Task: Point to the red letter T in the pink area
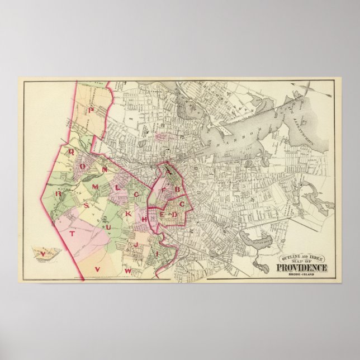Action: click(x=71, y=241)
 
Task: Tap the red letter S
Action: click(x=86, y=205)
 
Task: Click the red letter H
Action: click(x=145, y=220)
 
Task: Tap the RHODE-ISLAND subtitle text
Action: click(x=303, y=275)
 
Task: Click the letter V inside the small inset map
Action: click(x=42, y=254)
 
